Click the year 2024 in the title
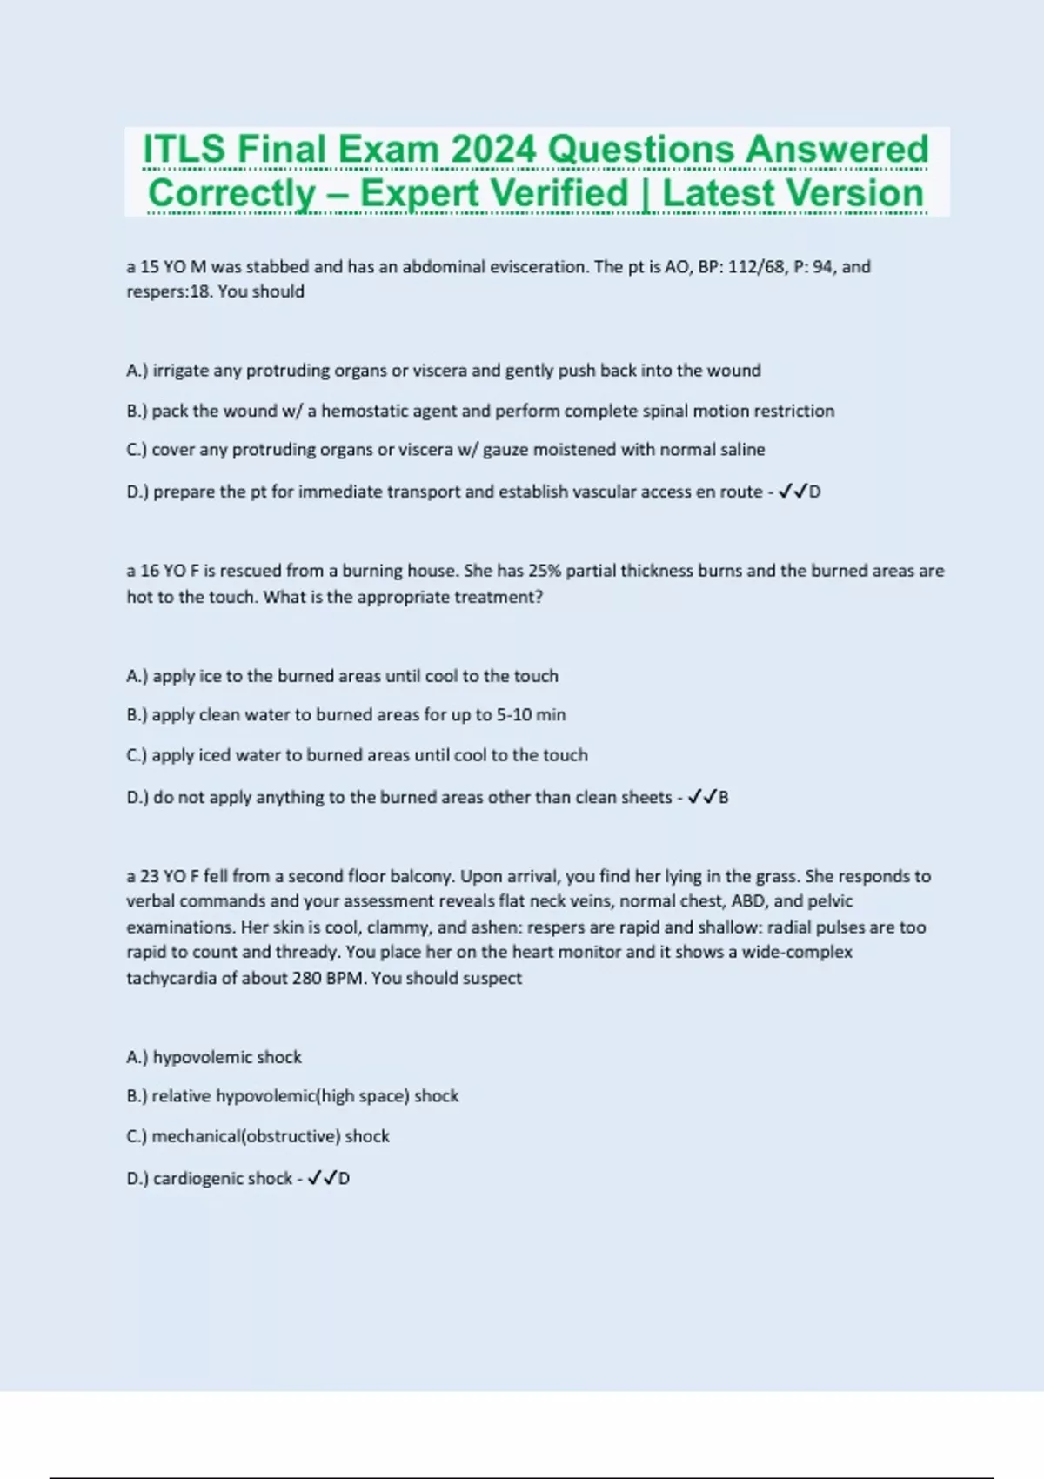point(493,150)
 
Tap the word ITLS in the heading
point(184,150)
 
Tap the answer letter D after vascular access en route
point(815,492)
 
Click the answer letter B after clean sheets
point(724,798)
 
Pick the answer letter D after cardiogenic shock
point(345,1179)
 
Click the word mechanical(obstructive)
point(245,1136)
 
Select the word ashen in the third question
point(497,927)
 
